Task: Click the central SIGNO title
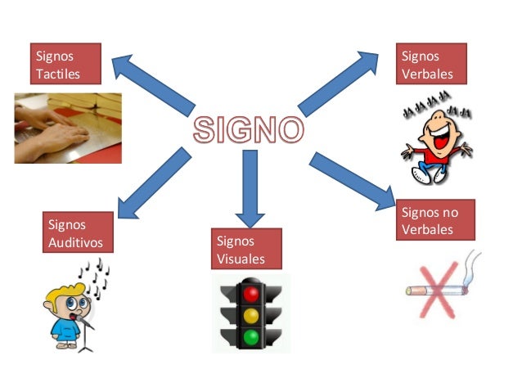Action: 248,130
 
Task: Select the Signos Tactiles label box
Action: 65,65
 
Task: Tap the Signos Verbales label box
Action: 431,65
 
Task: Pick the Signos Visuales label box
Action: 246,249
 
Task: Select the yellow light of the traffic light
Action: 251,314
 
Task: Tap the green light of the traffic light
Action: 251,336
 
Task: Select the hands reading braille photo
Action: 68,128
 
